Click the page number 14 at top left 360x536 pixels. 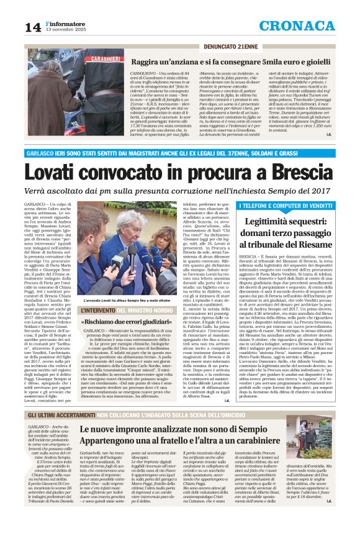32,27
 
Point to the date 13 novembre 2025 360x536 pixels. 64,30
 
